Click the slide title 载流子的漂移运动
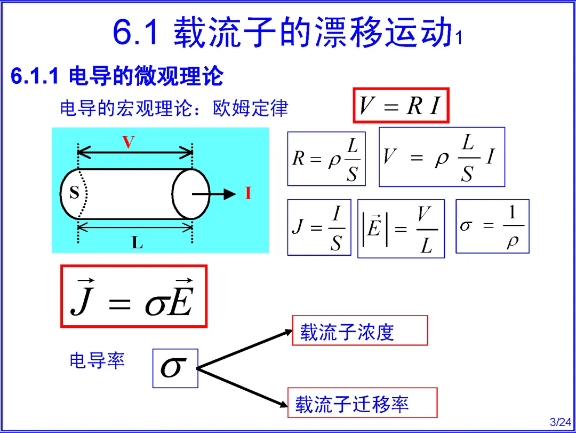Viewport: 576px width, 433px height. click(312, 32)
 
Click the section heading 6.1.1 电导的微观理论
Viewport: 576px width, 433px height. click(117, 76)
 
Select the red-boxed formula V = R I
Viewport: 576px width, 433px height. click(401, 106)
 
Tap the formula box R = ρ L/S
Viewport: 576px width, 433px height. click(326, 159)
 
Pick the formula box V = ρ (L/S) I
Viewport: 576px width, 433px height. click(442, 157)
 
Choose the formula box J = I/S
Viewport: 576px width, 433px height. click(319, 227)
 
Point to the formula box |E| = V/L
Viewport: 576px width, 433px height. click(401, 229)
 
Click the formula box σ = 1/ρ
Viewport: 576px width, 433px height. click(492, 226)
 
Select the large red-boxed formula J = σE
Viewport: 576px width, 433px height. click(133, 296)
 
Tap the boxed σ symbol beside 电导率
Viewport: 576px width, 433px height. click(175, 368)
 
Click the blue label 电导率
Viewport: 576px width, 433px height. click(97, 360)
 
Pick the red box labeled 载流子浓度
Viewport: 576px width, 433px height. click(360, 330)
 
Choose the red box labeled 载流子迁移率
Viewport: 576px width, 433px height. click(362, 403)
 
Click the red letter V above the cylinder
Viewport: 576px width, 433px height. click(128, 143)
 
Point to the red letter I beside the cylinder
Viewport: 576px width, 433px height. click(248, 194)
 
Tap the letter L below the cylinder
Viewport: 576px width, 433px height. click(137, 243)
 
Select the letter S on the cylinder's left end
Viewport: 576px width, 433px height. click(74, 193)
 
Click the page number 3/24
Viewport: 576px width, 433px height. click(560, 422)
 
